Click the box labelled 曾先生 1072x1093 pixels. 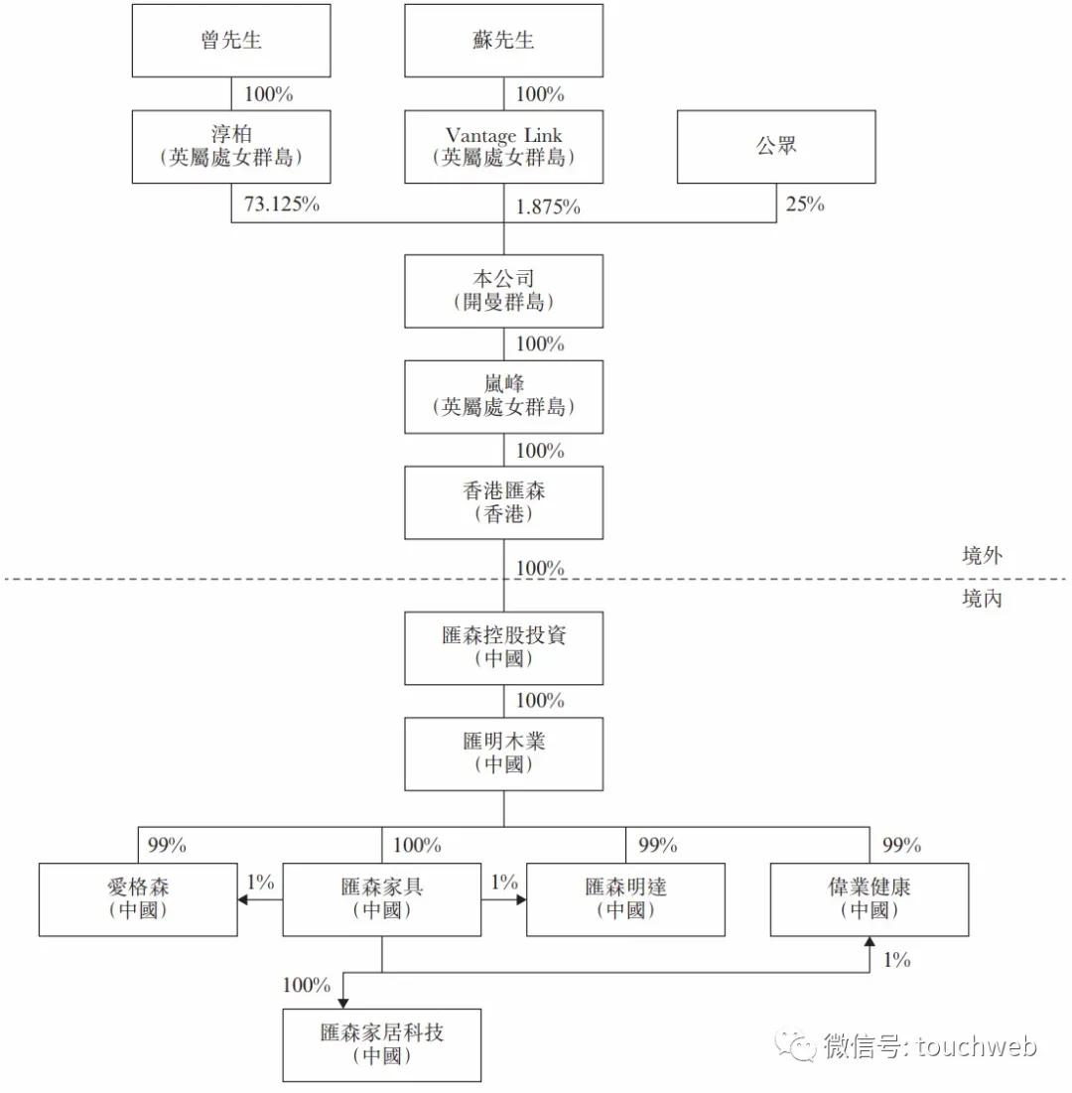point(230,41)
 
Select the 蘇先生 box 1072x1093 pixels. point(503,41)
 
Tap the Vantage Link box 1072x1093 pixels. point(503,146)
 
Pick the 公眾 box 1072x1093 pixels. point(776,146)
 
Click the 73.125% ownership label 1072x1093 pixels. point(282,205)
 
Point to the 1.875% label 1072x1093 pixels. point(548,207)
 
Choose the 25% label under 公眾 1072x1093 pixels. point(805,205)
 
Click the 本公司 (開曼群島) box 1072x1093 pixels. point(503,291)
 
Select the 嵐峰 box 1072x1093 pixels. point(503,397)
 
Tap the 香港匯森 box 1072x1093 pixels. point(503,502)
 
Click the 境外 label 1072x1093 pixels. point(982,556)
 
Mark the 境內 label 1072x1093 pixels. point(982,598)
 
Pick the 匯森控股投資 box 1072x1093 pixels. point(503,648)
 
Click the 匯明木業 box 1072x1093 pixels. point(503,754)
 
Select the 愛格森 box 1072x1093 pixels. point(138,899)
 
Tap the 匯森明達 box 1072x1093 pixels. point(625,899)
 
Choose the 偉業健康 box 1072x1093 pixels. point(870,899)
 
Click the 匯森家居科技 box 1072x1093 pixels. point(381,1045)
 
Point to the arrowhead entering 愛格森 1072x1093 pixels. point(243,899)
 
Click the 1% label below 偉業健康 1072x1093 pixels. point(897,960)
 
